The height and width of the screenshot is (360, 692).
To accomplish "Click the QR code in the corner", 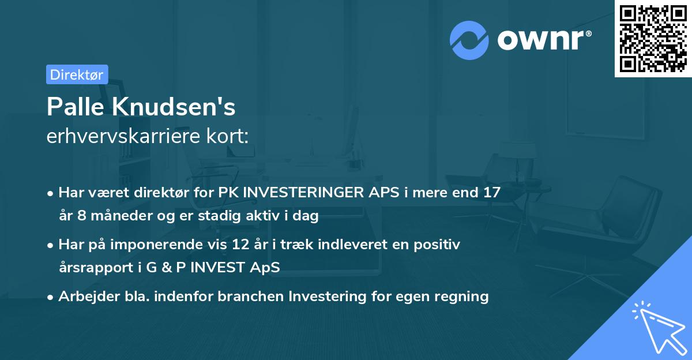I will coord(653,38).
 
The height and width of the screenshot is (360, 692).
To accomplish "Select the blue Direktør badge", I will coord(77,74).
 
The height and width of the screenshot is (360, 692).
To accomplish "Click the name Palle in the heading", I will coord(73,107).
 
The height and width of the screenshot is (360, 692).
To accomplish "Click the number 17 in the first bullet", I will coord(491,193).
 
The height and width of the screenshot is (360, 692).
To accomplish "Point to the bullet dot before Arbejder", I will coord(51,297).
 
